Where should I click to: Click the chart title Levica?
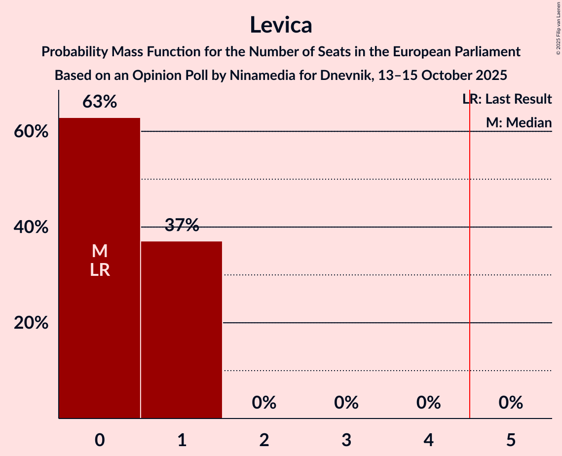pyautogui.click(x=281, y=25)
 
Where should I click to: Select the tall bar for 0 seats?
pyautogui.click(x=100, y=321)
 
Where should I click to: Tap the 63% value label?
pyautogui.click(x=100, y=102)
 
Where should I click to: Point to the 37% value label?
pyautogui.click(x=182, y=226)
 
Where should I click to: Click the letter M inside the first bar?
pyautogui.click(x=100, y=251)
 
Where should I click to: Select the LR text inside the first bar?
pyautogui.click(x=100, y=270)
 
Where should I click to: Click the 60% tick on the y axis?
pyautogui.click(x=31, y=132)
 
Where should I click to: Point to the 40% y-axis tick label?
pyautogui.click(x=31, y=228)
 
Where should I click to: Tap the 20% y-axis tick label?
pyautogui.click(x=31, y=323)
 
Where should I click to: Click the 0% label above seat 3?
pyautogui.click(x=346, y=403)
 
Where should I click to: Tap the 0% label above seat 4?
pyautogui.click(x=428, y=403)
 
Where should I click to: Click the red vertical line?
pyautogui.click(x=470, y=257)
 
